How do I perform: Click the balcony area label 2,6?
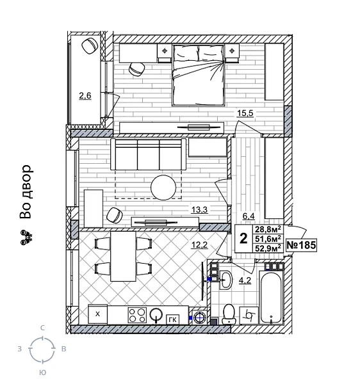click(85, 97)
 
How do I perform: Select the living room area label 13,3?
click(199, 208)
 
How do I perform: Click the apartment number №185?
click(301, 245)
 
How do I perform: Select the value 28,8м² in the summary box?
click(269, 230)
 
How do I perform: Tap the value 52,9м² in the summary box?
click(269, 249)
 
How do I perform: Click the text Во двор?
click(25, 192)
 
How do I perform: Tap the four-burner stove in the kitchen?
click(136, 315)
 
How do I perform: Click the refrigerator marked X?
click(97, 314)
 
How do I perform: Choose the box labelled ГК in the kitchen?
click(172, 317)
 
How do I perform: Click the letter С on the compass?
click(42, 328)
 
